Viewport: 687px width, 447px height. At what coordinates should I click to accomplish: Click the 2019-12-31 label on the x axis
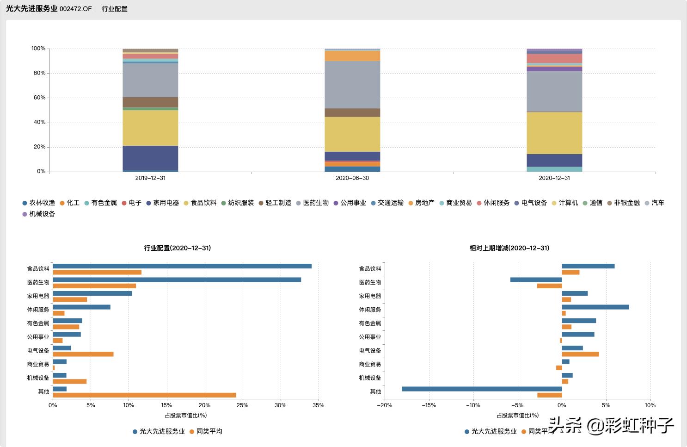(150, 178)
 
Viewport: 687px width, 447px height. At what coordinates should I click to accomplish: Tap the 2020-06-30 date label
(352, 178)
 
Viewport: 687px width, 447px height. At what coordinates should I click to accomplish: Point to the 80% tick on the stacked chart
(39, 73)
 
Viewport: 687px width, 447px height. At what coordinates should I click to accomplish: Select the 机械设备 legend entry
(42, 214)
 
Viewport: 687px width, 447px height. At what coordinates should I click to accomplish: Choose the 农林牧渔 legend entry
(42, 203)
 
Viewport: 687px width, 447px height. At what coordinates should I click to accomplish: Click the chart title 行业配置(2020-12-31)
(178, 248)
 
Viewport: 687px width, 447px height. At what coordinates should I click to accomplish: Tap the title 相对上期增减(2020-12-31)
(509, 248)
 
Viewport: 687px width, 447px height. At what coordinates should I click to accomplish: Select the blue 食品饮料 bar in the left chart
(182, 266)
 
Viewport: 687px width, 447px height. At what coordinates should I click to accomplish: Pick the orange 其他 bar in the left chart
(144, 395)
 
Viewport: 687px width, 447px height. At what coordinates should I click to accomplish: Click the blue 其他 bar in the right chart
(482, 389)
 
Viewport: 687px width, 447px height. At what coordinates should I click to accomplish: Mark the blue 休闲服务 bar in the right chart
(595, 307)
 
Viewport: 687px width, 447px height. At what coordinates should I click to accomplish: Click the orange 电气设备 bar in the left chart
(83, 354)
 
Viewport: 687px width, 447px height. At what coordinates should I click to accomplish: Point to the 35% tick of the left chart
(319, 405)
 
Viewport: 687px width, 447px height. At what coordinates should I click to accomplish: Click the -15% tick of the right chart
(429, 405)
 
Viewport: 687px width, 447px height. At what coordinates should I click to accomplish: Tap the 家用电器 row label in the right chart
(370, 296)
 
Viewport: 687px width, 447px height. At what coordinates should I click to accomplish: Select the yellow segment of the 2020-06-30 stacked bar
(352, 134)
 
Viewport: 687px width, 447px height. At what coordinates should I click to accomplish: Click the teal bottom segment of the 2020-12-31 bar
(554, 169)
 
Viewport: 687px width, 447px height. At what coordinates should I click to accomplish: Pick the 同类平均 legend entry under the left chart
(209, 431)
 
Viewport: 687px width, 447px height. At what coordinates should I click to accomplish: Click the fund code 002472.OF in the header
(75, 9)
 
